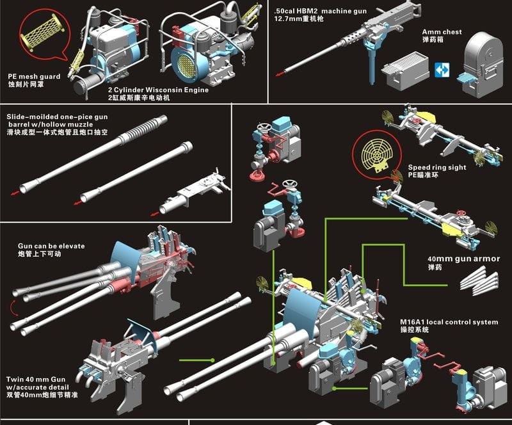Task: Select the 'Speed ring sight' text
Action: tap(437, 167)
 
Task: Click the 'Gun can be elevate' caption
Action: tap(51, 246)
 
